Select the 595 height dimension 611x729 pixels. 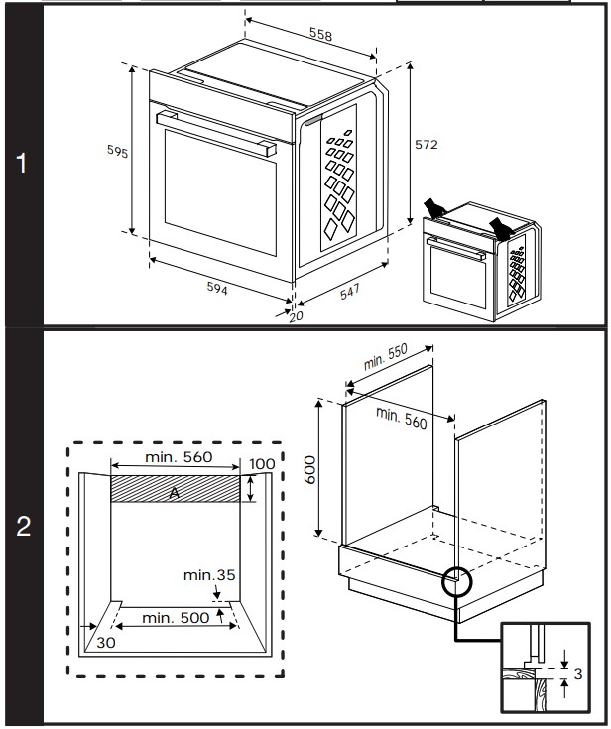118,151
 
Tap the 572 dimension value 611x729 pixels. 425,144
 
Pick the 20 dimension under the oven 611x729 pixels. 295,316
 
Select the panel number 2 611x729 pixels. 22,527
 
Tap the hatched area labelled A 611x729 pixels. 175,489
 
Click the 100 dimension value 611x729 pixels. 262,464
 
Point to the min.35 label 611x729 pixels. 210,574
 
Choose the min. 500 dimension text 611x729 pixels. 176,617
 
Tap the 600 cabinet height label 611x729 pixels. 309,468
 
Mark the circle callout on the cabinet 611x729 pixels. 457,581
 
